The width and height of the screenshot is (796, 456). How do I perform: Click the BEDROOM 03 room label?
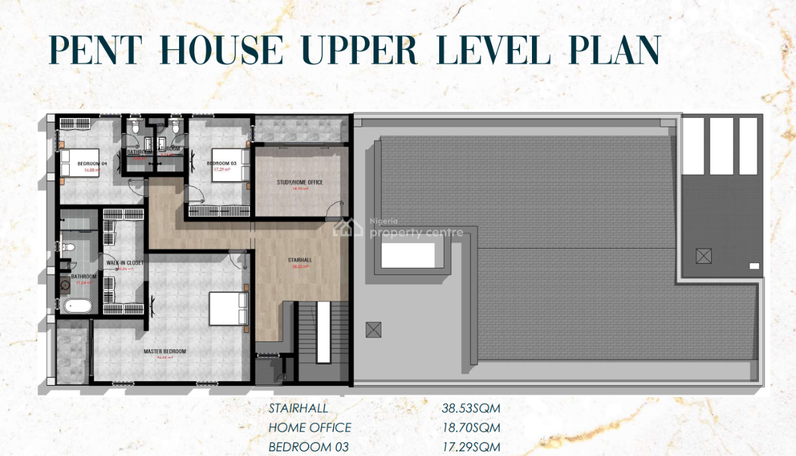point(223,163)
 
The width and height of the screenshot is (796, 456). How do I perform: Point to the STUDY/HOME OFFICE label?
point(300,182)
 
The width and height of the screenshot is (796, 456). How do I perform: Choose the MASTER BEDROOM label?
point(165,351)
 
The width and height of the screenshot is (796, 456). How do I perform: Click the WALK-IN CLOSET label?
point(121,262)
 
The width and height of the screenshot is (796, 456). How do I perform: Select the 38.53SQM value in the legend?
point(471,408)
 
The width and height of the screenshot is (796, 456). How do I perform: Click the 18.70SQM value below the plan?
point(471,428)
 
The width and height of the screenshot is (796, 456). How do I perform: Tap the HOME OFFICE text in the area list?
point(310,428)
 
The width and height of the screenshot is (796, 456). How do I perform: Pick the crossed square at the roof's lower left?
point(373,329)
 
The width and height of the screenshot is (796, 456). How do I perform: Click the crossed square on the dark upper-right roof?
point(703,255)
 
